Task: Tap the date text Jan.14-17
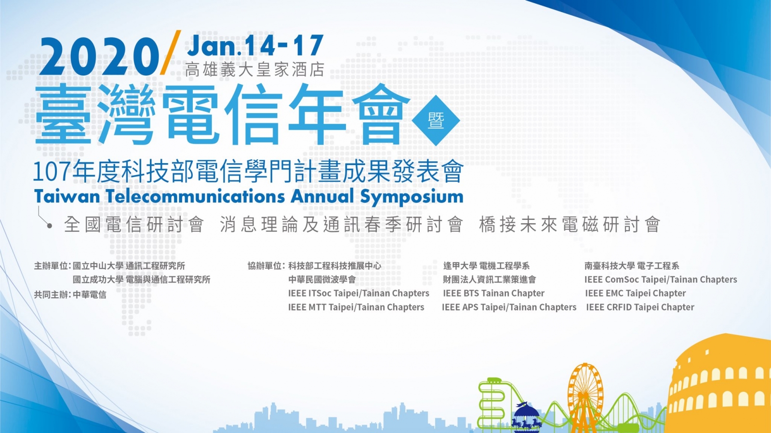pyautogui.click(x=255, y=45)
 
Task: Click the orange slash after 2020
pyautogui.click(x=171, y=52)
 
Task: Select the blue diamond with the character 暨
pyautogui.click(x=436, y=120)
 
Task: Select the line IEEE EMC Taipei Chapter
pyautogui.click(x=636, y=293)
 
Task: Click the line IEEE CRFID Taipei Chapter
pyautogui.click(x=640, y=307)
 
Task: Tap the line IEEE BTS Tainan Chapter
pyautogui.click(x=493, y=293)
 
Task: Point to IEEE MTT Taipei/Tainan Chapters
pyautogui.click(x=356, y=307)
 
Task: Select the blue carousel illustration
pyautogui.click(x=526, y=418)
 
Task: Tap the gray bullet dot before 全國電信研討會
pyautogui.click(x=50, y=226)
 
